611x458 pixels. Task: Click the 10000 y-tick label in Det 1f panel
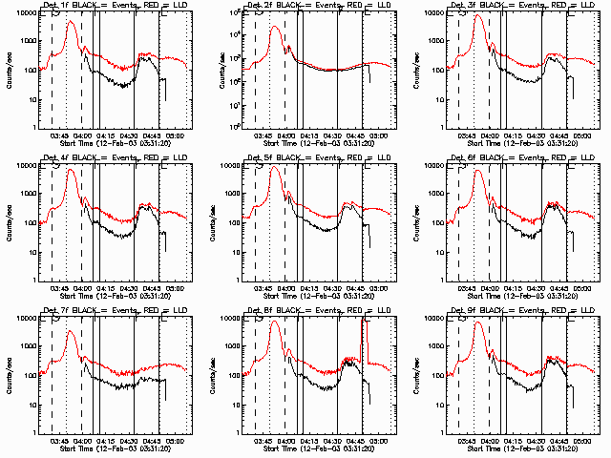25,13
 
